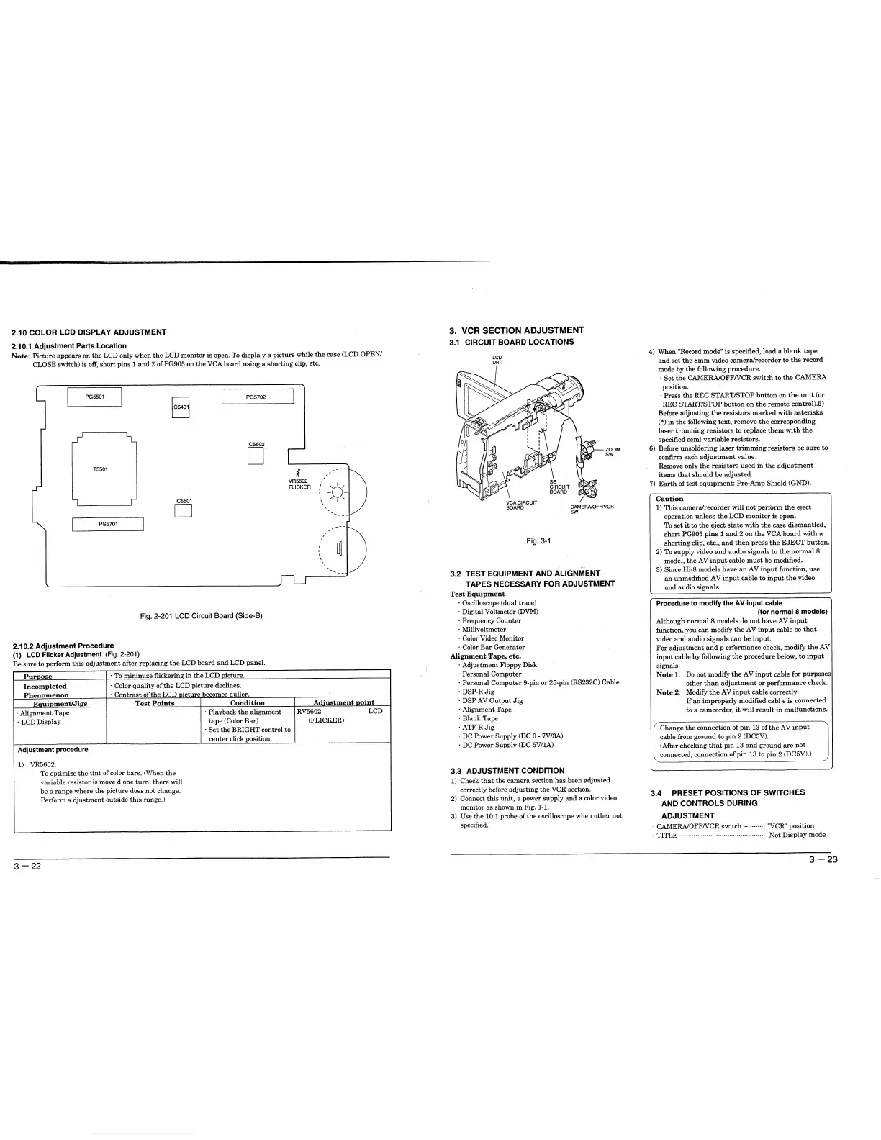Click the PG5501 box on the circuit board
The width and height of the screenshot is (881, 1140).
click(94, 397)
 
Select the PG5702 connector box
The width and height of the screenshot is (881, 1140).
click(258, 397)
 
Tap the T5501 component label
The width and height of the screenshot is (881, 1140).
click(101, 469)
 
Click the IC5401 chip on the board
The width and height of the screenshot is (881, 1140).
click(181, 407)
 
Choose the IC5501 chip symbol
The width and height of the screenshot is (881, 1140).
click(184, 511)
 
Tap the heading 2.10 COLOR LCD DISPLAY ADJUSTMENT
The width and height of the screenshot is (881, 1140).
click(89, 332)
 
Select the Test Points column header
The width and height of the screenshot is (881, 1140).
click(155, 703)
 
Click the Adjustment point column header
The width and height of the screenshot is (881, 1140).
click(343, 703)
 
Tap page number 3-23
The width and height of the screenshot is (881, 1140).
click(823, 860)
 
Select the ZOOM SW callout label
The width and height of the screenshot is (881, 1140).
click(612, 452)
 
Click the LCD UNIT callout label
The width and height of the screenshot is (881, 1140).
click(497, 360)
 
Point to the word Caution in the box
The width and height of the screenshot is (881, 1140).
click(669, 499)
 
